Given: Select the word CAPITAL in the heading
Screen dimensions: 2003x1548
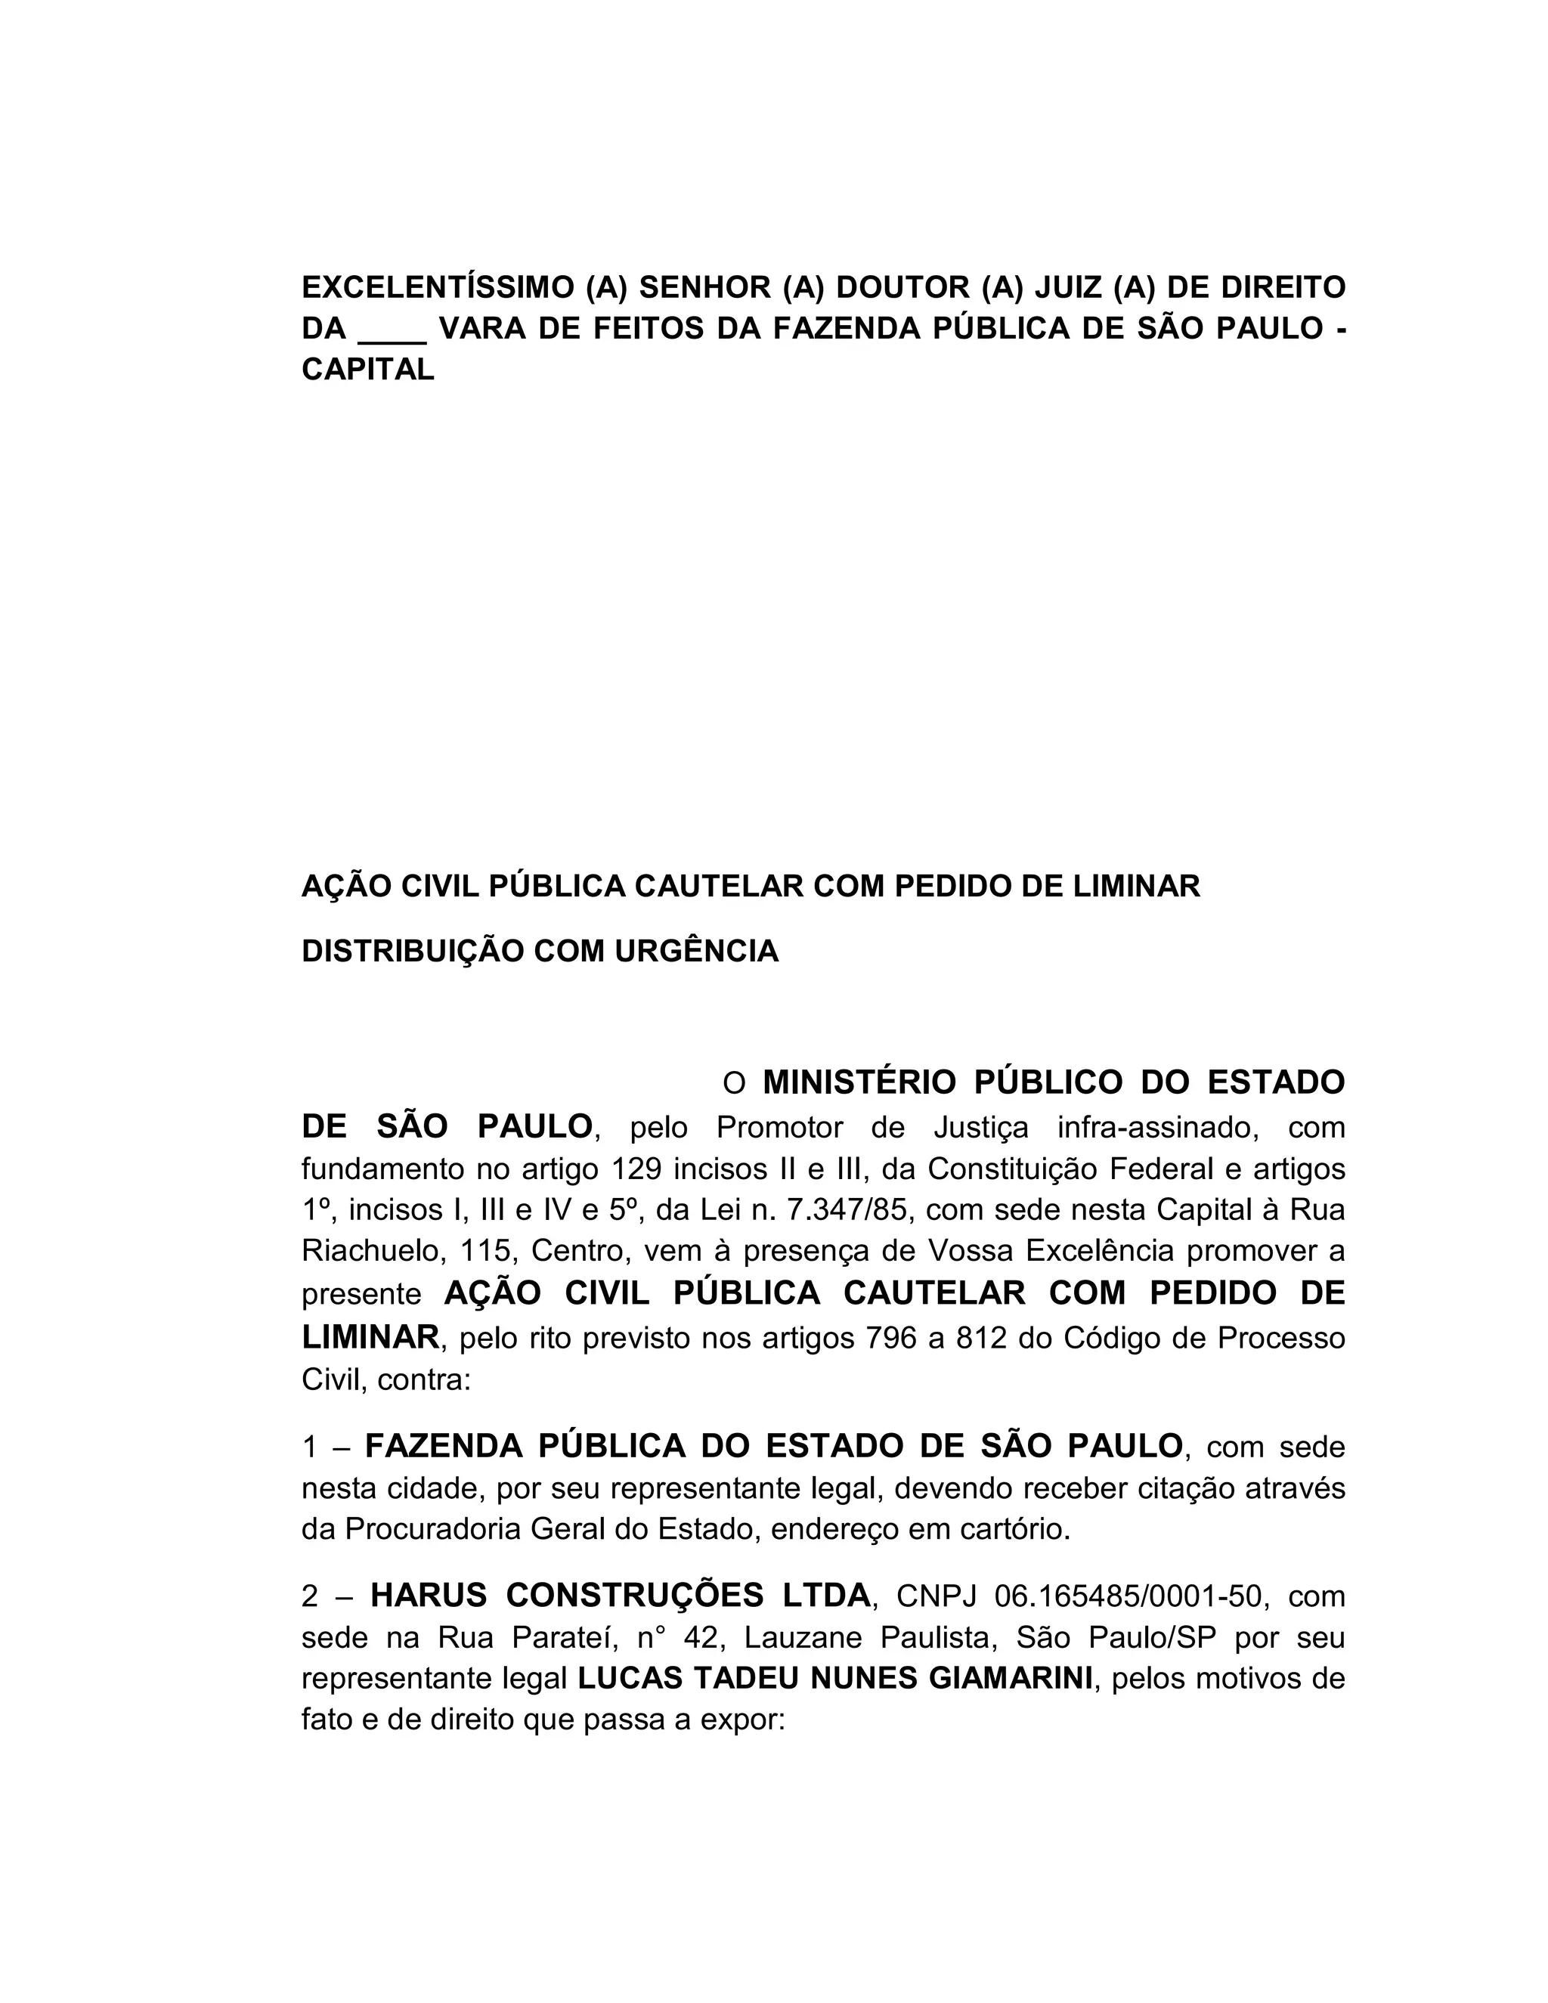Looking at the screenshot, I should tap(368, 370).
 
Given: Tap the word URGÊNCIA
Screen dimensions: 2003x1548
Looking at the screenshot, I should tap(696, 951).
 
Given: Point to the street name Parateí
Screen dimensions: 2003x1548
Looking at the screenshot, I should tap(563, 1637).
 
